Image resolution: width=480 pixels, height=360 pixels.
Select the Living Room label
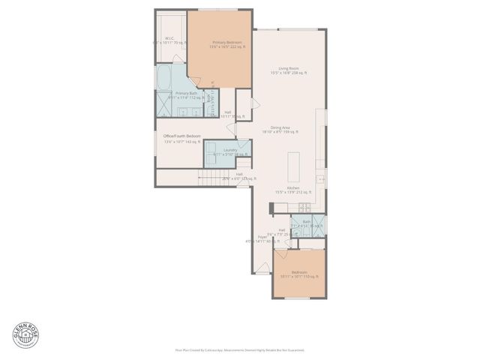[x=289, y=69]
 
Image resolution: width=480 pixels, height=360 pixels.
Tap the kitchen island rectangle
[x=294, y=163]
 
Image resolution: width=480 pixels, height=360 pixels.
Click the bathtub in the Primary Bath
[x=164, y=77]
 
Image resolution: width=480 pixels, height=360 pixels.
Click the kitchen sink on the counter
[x=320, y=179]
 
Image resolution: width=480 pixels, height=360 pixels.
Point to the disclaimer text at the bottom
[x=239, y=349]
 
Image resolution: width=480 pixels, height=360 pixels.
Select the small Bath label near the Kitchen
[x=306, y=222]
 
